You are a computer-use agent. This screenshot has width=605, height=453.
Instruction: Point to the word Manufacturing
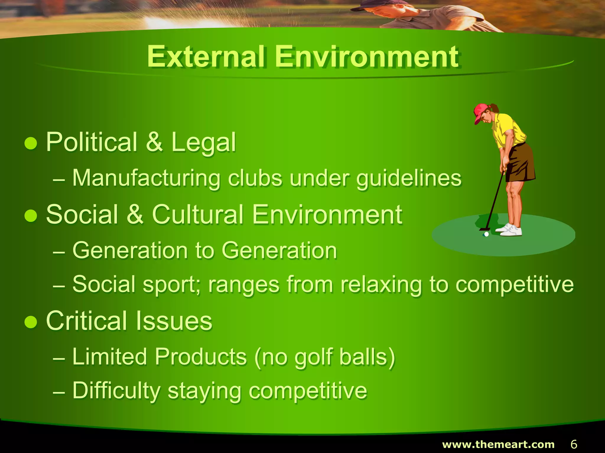coord(146,178)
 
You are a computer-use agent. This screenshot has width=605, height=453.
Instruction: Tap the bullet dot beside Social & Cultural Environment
coord(31,216)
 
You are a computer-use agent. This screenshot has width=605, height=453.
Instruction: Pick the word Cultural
coord(198,215)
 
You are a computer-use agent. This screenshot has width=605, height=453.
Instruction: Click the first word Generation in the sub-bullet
coord(130,251)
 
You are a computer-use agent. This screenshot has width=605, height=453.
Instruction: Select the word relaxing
coord(381,285)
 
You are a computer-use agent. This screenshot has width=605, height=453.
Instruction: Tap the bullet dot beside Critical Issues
coord(31,322)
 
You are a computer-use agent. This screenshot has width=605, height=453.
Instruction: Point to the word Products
coord(201,357)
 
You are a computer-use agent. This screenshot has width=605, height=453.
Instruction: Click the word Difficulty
coord(116,391)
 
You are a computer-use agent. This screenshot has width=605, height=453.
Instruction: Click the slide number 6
coord(574,444)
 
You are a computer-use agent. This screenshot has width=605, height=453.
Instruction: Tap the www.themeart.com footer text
coord(498,444)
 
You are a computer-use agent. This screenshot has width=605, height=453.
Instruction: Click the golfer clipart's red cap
coord(480,112)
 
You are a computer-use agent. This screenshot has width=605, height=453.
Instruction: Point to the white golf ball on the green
coord(486,234)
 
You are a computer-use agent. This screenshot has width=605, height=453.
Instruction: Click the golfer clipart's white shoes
coord(510,230)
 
